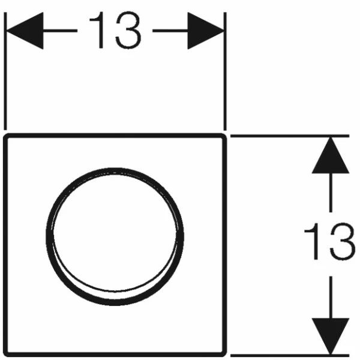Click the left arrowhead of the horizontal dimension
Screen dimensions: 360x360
coord(25,31)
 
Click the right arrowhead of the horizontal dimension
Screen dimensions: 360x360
coord(206,31)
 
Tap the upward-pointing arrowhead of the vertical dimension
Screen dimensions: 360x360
coord(331,155)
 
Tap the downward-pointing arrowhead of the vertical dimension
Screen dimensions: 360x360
coord(331,336)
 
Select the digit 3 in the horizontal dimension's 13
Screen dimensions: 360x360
coord(128,30)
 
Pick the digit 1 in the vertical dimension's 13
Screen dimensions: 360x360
coord(311,241)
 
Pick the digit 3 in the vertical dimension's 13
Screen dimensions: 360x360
coord(343,242)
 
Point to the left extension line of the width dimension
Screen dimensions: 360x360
coord(5,71)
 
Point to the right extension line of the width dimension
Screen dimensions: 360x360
coord(225,71)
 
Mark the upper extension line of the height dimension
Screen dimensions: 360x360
coord(290,136)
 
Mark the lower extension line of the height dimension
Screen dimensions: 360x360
coord(290,356)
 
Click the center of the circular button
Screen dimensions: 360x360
coord(115,236)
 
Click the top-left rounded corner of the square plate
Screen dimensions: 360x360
coord(6,136)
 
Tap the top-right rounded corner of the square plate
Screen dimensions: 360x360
coord(224,136)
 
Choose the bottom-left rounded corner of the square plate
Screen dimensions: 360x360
coord(7,354)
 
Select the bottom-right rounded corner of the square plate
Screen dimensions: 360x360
coord(224,354)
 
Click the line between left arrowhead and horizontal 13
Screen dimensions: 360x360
coord(60,31)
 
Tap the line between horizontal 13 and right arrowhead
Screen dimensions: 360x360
coord(170,31)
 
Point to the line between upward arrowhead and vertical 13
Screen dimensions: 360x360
coord(331,193)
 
